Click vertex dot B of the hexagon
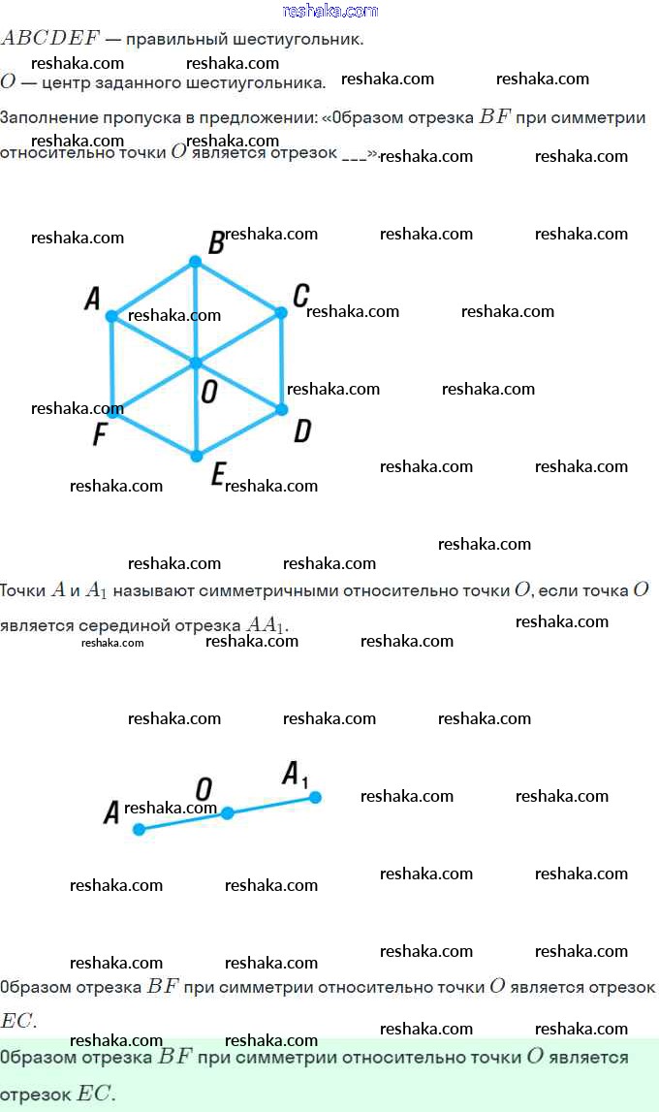[195, 262]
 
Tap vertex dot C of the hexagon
[281, 312]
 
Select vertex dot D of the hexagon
[282, 409]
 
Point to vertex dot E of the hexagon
[196, 456]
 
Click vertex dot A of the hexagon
[111, 316]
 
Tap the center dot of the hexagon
[195, 363]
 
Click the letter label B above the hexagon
[217, 242]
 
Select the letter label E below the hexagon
[218, 474]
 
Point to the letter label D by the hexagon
[302, 431]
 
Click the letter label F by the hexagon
[99, 435]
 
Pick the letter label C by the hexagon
[301, 294]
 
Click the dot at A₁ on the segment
[315, 797]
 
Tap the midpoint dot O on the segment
[227, 813]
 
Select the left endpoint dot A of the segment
[139, 829]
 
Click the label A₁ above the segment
[295, 775]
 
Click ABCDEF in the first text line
[50, 39]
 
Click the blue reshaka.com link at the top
[329, 11]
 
